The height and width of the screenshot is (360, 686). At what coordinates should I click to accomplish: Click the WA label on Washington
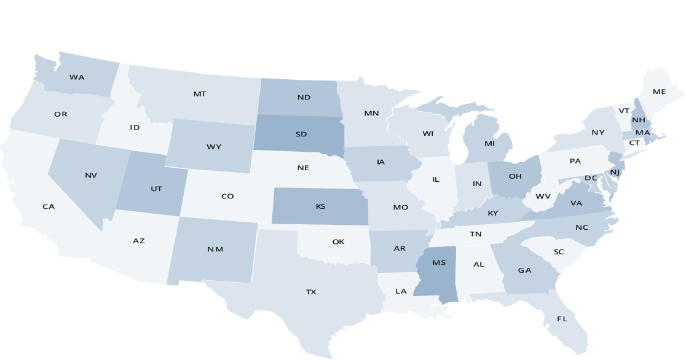point(77,77)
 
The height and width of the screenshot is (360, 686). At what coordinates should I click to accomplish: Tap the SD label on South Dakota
point(301,134)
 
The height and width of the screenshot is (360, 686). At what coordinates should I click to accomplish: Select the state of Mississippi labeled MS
point(439,263)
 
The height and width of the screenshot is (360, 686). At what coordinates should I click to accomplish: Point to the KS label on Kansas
point(320,206)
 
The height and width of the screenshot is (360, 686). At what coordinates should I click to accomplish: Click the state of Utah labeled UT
point(156,189)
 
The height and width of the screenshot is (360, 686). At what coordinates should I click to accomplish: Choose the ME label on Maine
point(659,92)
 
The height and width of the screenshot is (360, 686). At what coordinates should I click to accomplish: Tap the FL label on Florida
point(562,319)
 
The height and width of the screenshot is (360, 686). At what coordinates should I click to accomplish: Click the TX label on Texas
point(311,292)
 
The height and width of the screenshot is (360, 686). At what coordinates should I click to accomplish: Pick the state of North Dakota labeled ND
point(304,97)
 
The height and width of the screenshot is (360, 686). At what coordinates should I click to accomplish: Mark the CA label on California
point(49,206)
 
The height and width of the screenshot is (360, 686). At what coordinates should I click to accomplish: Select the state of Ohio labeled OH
point(515,176)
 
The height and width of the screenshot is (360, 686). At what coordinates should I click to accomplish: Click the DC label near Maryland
point(591,178)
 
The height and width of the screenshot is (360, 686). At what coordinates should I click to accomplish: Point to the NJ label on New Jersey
point(615,171)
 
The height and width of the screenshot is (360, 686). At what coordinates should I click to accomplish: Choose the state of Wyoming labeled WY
point(214,147)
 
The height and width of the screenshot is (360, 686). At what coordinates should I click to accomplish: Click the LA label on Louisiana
point(401,291)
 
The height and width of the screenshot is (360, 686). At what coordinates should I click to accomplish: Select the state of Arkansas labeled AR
point(400,249)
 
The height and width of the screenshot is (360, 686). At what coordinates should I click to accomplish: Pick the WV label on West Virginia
point(543,197)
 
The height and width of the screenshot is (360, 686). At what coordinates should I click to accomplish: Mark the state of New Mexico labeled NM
point(215,249)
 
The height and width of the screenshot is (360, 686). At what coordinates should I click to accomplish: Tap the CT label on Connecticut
point(634,143)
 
